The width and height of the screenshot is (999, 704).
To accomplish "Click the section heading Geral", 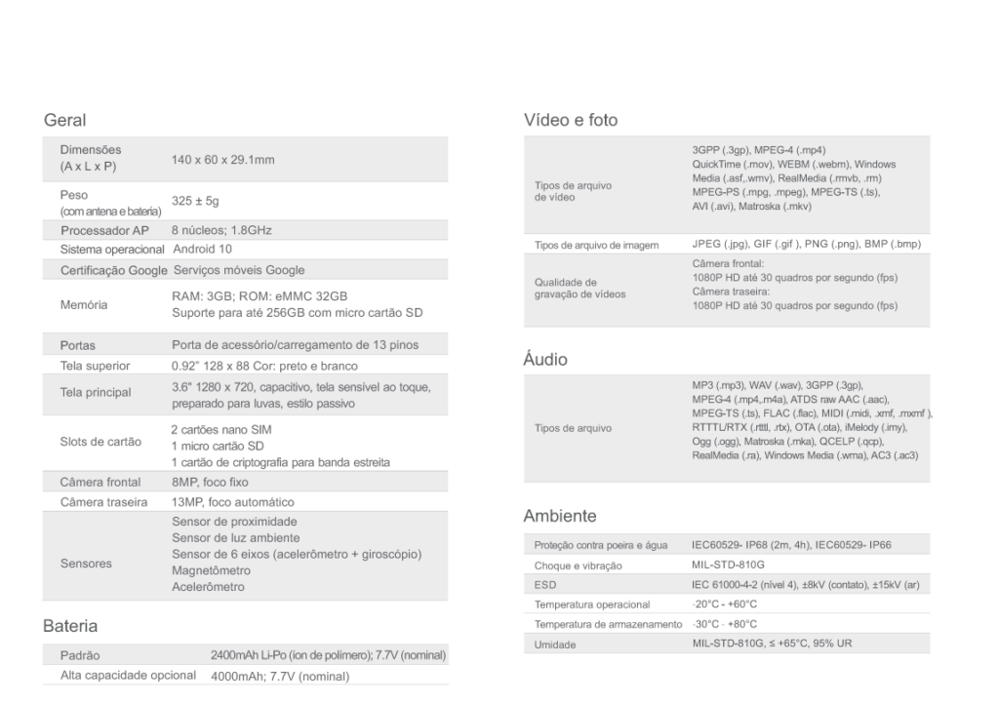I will pos(65,121).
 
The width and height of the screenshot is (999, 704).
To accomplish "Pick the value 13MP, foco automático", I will pos(232,502).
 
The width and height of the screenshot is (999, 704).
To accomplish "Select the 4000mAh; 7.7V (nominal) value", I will pos(281,675).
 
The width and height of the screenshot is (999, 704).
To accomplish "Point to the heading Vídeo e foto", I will pos(571,120).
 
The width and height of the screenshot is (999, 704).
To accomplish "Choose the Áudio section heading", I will pos(545,359).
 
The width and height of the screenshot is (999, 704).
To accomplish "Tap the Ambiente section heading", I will pos(560,515).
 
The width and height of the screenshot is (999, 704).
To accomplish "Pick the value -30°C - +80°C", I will pos(719,623).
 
